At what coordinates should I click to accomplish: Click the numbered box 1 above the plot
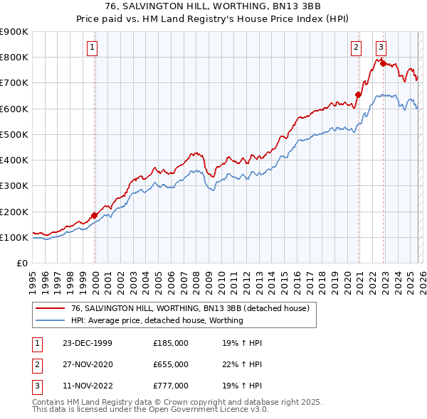point(93,48)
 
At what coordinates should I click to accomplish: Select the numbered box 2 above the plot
point(356,48)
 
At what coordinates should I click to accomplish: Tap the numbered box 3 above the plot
point(381,48)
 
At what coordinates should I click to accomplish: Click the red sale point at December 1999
point(95,215)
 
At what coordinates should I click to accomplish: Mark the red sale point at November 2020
point(358,94)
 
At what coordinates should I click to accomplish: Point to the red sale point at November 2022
point(383,63)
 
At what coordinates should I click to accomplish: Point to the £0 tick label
point(23,263)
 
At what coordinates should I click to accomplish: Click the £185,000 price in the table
point(171,343)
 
